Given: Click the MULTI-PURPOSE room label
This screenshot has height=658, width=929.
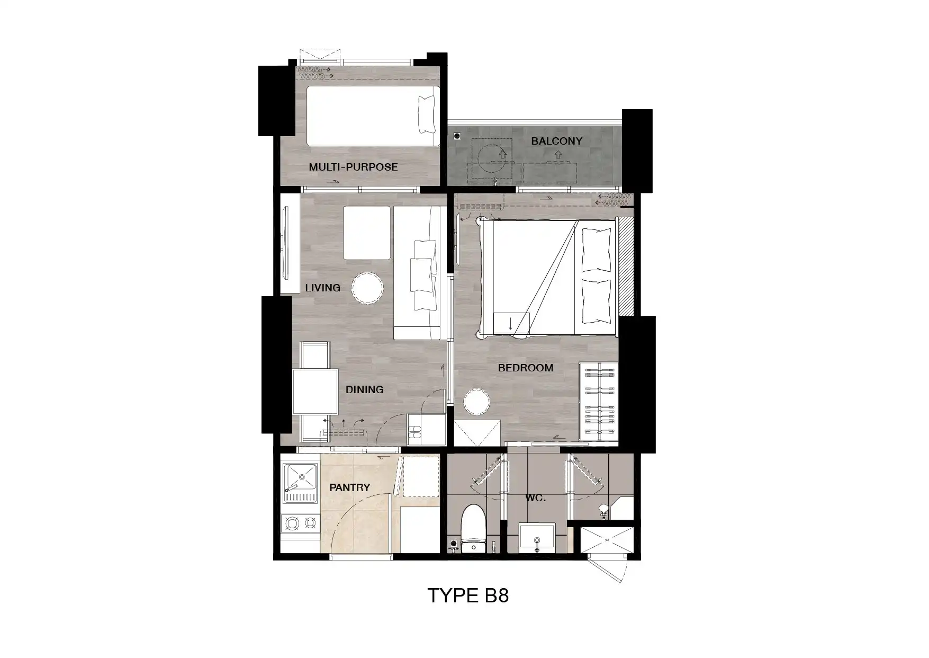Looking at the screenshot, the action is [x=353, y=167].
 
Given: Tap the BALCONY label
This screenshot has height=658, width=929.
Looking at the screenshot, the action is [x=556, y=141].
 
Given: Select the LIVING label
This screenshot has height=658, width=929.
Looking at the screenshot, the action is [x=322, y=288].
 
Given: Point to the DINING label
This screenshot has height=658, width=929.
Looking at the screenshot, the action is [x=364, y=389].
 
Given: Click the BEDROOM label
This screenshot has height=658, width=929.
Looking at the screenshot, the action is [x=526, y=368].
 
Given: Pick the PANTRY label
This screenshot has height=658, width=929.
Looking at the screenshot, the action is [x=349, y=487].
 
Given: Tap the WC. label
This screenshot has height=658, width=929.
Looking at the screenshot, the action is [x=535, y=499].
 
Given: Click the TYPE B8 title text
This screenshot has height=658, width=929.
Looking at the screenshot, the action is [x=468, y=595].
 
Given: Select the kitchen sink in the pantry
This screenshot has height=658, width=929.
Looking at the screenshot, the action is [x=300, y=483].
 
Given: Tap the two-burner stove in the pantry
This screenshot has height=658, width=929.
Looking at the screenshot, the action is [x=300, y=523].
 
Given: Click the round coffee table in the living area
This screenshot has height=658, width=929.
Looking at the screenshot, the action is [x=367, y=288].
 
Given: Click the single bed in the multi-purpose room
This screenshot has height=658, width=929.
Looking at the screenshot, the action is [x=373, y=116].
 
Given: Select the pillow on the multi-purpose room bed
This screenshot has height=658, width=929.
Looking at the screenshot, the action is [x=427, y=114].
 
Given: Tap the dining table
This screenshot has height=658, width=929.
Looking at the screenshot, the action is [x=315, y=392].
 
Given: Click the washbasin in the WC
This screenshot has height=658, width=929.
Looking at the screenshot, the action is [x=537, y=538].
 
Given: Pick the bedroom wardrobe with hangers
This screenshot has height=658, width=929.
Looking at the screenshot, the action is [x=599, y=402].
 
